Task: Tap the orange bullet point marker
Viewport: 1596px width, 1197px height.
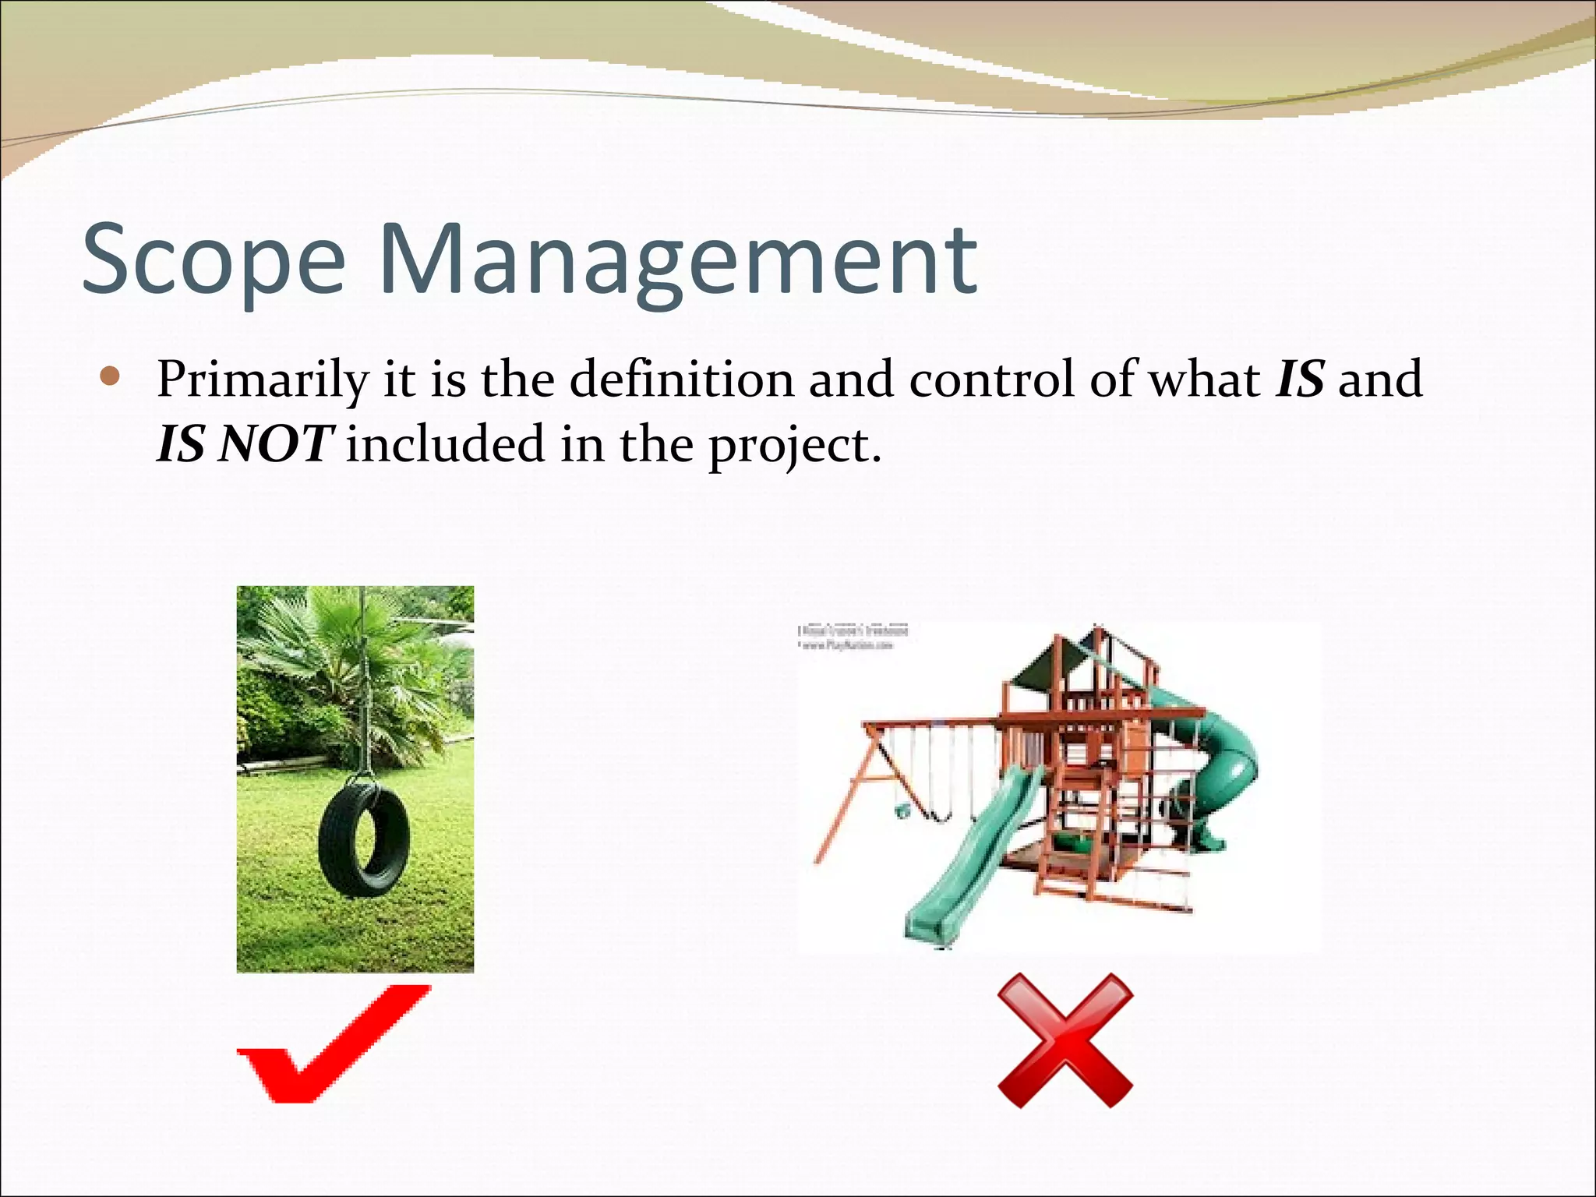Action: (x=111, y=378)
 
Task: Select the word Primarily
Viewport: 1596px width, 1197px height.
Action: (x=262, y=380)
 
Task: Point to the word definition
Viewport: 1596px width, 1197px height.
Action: (x=680, y=379)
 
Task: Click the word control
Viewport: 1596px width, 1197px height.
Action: (x=990, y=379)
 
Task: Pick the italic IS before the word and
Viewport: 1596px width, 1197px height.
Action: (x=1300, y=379)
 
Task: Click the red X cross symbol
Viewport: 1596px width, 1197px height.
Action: (x=1065, y=1040)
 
